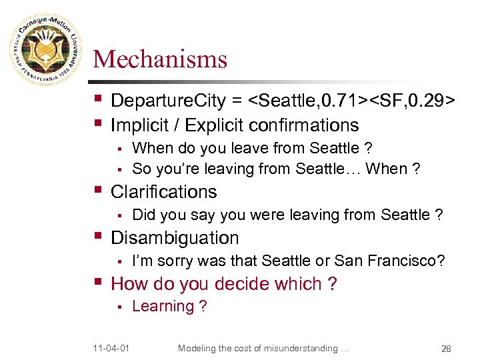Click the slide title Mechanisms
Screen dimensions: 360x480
pos(160,60)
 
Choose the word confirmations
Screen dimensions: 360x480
pos(309,125)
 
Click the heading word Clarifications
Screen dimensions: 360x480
pos(163,192)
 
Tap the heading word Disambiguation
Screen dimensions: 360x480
pos(175,238)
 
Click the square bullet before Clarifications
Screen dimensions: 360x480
pos(98,191)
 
